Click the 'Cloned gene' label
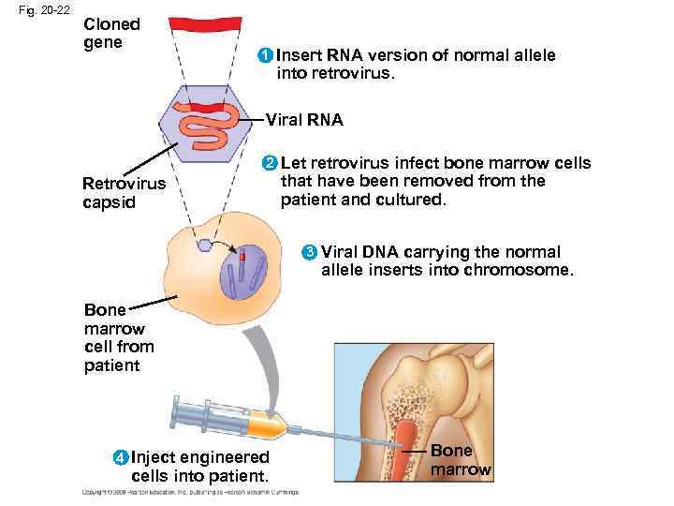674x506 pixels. coord(111,34)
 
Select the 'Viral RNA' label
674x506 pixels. coord(304,120)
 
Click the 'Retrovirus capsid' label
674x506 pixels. coord(123,193)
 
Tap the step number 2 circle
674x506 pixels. coord(270,164)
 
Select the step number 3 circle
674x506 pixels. coord(309,253)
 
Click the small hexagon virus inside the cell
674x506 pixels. coord(205,245)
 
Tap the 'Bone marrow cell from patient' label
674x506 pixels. coord(118,337)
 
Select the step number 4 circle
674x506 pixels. coord(119,458)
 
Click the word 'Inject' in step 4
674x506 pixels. coord(154,457)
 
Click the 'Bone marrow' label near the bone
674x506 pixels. coord(460,460)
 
